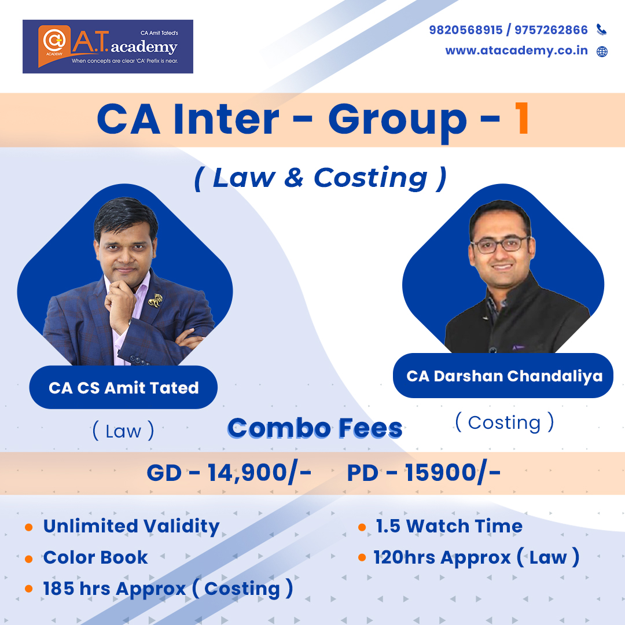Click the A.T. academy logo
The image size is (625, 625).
pyautogui.click(x=108, y=47)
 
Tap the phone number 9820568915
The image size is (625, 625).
pyautogui.click(x=466, y=30)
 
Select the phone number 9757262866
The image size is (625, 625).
pyautogui.click(x=551, y=30)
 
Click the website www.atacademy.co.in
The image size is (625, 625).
pyautogui.click(x=517, y=50)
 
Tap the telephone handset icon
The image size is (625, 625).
pyautogui.click(x=601, y=30)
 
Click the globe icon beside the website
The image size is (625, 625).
pyautogui.click(x=602, y=52)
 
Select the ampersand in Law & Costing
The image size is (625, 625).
pyautogui.click(x=294, y=178)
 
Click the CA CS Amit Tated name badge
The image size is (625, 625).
pyautogui.click(x=124, y=387)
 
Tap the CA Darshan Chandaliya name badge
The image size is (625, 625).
pyautogui.click(x=503, y=376)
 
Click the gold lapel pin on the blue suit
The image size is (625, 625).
pyautogui.click(x=156, y=300)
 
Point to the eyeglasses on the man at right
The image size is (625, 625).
pyautogui.click(x=499, y=244)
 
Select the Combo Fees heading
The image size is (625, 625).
pyautogui.click(x=315, y=428)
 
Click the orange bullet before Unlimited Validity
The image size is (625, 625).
pyautogui.click(x=29, y=527)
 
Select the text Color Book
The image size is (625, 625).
pyautogui.click(x=95, y=557)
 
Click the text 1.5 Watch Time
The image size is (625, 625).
pyautogui.click(x=449, y=526)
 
